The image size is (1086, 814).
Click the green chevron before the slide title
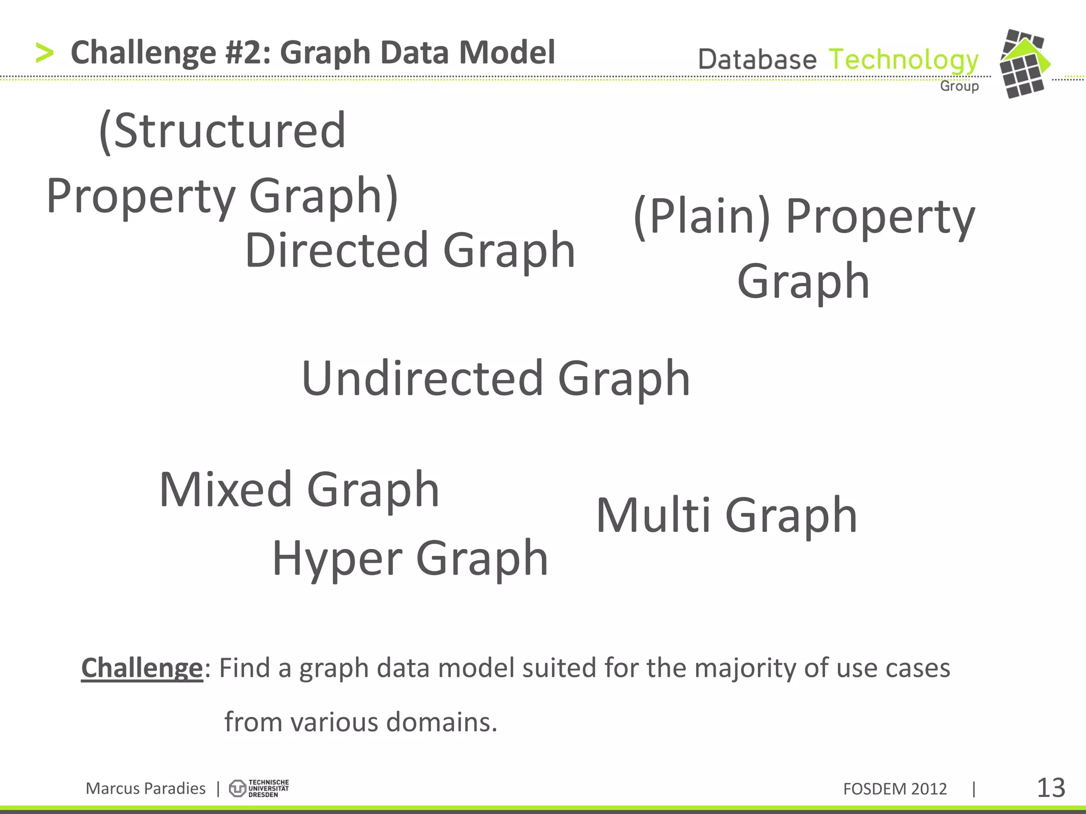[45, 54]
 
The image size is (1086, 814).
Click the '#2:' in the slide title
[247, 53]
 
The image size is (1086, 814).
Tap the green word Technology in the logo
[903, 60]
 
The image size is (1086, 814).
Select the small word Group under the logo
[959, 86]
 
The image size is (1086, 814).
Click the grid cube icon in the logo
[1023, 64]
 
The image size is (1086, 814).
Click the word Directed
[337, 250]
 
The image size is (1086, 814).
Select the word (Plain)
[702, 216]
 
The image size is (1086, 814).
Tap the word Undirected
[423, 378]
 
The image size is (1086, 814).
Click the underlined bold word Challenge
[142, 668]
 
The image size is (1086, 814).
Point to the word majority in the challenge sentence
[745, 668]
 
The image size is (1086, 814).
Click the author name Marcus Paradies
[145, 789]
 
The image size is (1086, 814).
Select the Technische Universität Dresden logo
[259, 789]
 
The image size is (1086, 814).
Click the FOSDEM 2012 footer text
[895, 789]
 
